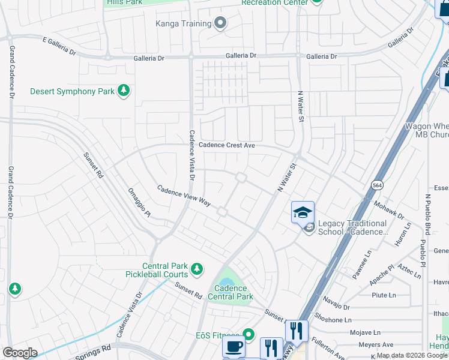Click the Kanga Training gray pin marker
(220, 23)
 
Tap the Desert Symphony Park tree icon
(124, 91)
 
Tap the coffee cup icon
(234, 346)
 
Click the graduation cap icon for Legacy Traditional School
(303, 212)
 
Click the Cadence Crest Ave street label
(228, 145)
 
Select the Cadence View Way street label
(184, 196)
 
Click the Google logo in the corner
(20, 353)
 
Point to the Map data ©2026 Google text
(411, 355)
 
